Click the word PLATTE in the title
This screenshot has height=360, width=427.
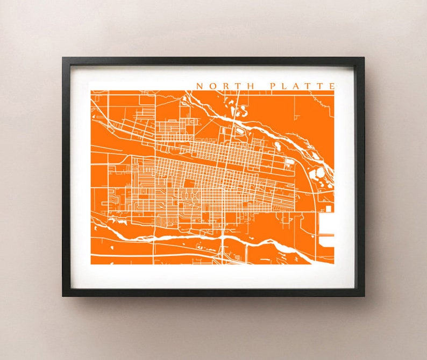pyautogui.click(x=302, y=86)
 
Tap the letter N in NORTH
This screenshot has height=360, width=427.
pyautogui.click(x=200, y=86)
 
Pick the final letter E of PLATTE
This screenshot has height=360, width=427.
pyautogui.click(x=332, y=86)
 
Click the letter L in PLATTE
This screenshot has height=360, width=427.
pyautogui.click(x=283, y=86)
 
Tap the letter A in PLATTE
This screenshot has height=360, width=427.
pyautogui.click(x=296, y=86)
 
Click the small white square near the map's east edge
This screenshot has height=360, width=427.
pyautogui.click(x=328, y=208)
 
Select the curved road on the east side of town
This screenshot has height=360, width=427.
pyautogui.click(x=309, y=183)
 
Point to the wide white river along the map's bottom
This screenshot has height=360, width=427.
pyautogui.click(x=177, y=235)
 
